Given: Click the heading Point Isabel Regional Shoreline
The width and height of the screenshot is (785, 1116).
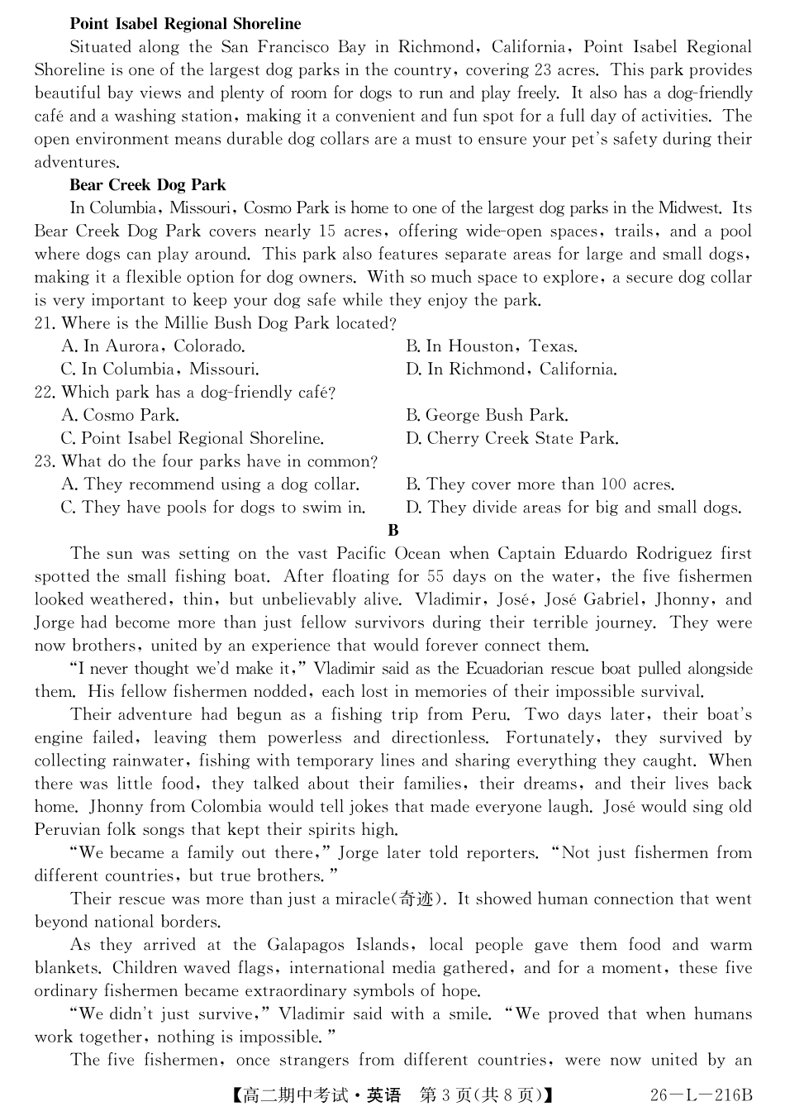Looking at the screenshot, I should (185, 24).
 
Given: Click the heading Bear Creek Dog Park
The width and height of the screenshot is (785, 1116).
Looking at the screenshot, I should (148, 185).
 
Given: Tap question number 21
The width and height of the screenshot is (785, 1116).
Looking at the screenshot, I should (44, 323).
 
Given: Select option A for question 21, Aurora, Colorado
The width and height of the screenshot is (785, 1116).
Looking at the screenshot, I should (153, 346).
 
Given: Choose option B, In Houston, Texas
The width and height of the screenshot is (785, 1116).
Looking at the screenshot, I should (492, 346).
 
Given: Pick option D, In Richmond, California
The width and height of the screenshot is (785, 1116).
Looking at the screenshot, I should (511, 370).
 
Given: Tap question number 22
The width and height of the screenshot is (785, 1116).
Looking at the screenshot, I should (44, 393).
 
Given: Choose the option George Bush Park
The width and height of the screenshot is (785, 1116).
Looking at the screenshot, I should (487, 416).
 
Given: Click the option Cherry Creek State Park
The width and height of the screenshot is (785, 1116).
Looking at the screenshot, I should (511, 439).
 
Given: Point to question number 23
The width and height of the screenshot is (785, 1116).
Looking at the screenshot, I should (44, 462).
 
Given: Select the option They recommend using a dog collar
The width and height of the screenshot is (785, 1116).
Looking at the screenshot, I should (210, 485).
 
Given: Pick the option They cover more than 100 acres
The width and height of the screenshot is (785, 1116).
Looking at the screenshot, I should (540, 485).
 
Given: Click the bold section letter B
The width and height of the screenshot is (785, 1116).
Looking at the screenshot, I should (393, 531).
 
